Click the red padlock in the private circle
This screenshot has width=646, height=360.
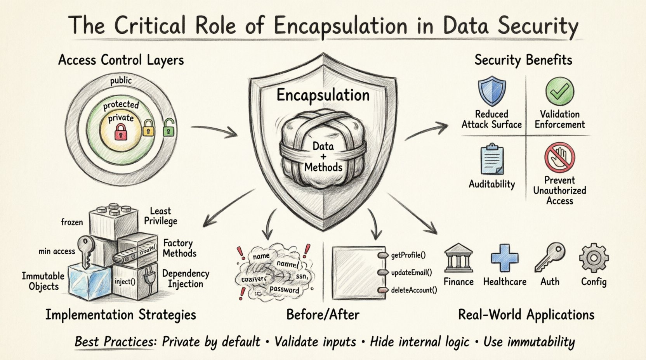point(121,132)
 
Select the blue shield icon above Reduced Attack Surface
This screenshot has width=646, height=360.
point(491,92)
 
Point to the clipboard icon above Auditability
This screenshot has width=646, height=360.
point(491,159)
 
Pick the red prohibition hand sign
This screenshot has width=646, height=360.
point(559,157)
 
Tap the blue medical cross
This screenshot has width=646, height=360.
point(504,257)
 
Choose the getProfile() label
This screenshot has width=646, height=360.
point(408,255)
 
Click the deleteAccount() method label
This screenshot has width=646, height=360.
point(414,290)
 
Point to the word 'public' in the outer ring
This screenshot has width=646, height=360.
point(121,81)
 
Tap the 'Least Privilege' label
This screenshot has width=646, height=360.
point(160,216)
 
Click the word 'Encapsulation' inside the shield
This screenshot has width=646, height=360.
point(323,95)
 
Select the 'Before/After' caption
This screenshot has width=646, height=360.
point(323,314)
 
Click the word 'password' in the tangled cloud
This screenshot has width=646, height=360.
point(284,289)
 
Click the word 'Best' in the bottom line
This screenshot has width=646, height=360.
point(87,342)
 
